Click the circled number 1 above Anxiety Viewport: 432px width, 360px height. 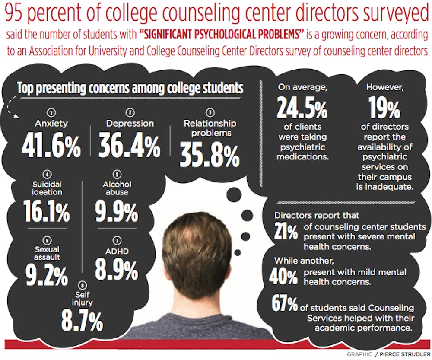pos(51,112)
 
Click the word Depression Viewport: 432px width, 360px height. pos(130,123)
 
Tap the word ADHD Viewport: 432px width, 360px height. pos(117,251)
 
